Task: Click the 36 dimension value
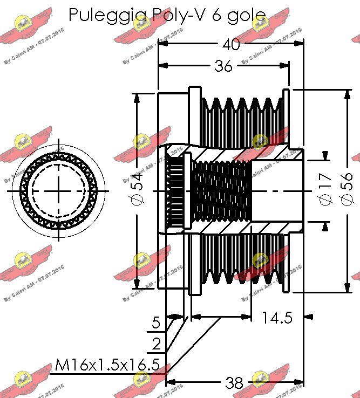223,66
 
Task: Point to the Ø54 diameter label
137,188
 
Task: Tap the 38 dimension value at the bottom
234,383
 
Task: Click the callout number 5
156,323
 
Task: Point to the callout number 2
156,344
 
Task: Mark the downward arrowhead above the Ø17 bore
325,156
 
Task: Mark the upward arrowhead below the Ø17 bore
325,227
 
